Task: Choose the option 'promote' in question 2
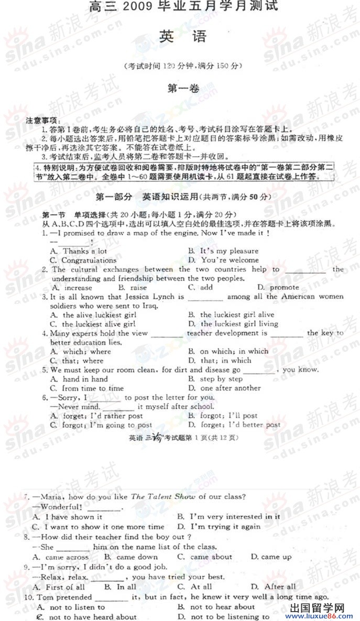click(x=284, y=288)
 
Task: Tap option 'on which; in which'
click(x=234, y=352)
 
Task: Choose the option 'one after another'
click(x=230, y=388)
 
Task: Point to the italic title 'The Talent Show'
click(x=163, y=497)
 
